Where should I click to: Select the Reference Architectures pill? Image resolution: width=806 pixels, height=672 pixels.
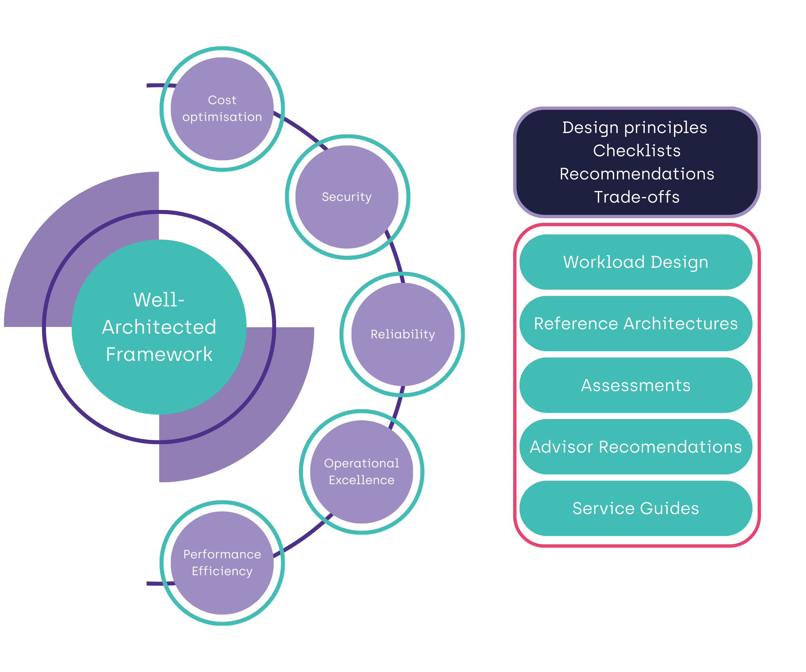[x=636, y=324]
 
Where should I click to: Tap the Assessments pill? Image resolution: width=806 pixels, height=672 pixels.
[x=636, y=385]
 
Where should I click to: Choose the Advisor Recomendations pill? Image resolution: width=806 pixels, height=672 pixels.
[x=636, y=447]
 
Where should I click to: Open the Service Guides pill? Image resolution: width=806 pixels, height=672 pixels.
[x=636, y=508]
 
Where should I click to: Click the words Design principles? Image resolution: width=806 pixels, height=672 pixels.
[x=634, y=127]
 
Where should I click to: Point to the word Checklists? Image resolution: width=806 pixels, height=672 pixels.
[x=637, y=151]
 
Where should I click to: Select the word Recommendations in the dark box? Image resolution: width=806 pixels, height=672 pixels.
[x=637, y=174]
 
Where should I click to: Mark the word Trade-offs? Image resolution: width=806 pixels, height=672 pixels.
[x=637, y=197]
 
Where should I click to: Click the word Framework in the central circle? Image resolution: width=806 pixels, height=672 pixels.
[x=159, y=354]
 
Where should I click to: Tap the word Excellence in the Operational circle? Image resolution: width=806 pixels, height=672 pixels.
[x=362, y=480]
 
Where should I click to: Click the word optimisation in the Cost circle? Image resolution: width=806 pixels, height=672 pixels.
[x=222, y=117]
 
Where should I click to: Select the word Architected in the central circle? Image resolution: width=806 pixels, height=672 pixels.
[x=159, y=327]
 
